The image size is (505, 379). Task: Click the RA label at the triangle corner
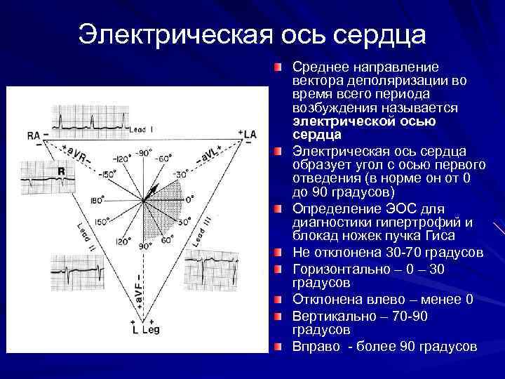(32, 133)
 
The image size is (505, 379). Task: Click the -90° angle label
(144, 152)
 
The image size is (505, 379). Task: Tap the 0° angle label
(189, 199)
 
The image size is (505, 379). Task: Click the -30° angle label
(182, 173)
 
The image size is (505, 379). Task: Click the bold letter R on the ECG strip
(61, 171)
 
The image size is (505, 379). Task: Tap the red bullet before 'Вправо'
(279, 347)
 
